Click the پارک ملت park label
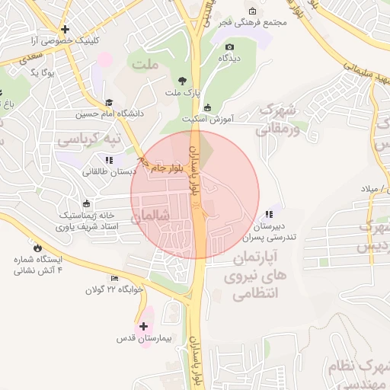[x=181, y=93]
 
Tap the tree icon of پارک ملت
[x=181, y=80]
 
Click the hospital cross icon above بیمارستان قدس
[x=143, y=326]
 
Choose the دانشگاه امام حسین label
[x=109, y=115]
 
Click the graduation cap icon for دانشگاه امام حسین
[x=109, y=102]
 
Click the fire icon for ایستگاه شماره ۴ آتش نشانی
[x=36, y=247]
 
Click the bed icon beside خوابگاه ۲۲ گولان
[x=114, y=278]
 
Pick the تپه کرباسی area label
[x=90, y=141]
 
